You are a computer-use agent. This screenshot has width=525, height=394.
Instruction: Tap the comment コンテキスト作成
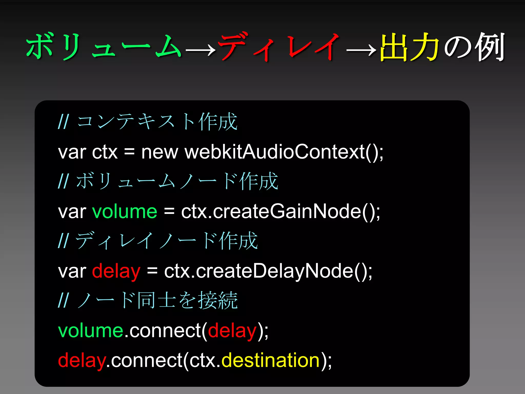coord(157,121)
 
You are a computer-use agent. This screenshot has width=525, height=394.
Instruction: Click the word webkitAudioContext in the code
coord(274,152)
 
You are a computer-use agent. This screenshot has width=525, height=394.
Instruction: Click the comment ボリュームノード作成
coord(177,181)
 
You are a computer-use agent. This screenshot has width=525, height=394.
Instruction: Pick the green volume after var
coord(125,212)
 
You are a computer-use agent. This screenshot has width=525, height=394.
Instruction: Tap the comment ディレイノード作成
coord(167,241)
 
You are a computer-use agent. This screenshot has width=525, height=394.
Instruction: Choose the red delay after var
coord(116,271)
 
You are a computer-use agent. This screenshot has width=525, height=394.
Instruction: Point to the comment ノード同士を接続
coord(157,300)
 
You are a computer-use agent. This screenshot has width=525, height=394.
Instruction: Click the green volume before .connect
coord(91,331)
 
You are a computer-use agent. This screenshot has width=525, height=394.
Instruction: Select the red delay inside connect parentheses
coord(232,331)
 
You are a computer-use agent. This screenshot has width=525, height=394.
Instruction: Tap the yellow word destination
coord(270,360)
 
